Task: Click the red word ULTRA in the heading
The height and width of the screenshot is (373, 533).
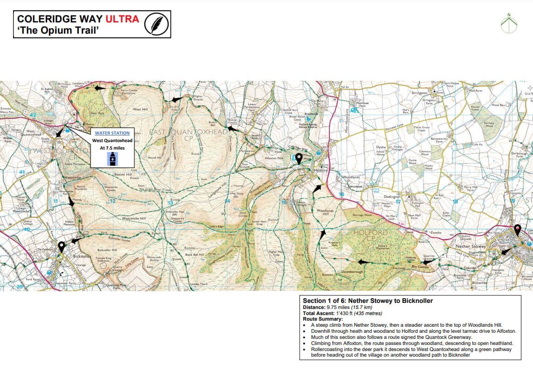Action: click(122, 19)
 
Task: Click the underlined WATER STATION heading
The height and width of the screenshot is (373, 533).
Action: click(112, 133)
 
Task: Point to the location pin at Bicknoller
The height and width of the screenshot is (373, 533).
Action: click(61, 247)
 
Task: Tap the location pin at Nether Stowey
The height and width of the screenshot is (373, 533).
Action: click(517, 230)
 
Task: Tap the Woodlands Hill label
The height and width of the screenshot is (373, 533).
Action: click(325, 212)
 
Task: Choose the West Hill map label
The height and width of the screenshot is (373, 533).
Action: click(140, 109)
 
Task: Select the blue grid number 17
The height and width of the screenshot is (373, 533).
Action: click(398, 202)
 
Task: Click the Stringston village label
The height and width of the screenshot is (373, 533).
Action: click(419, 93)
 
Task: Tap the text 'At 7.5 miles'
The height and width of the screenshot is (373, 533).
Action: click(112, 147)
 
